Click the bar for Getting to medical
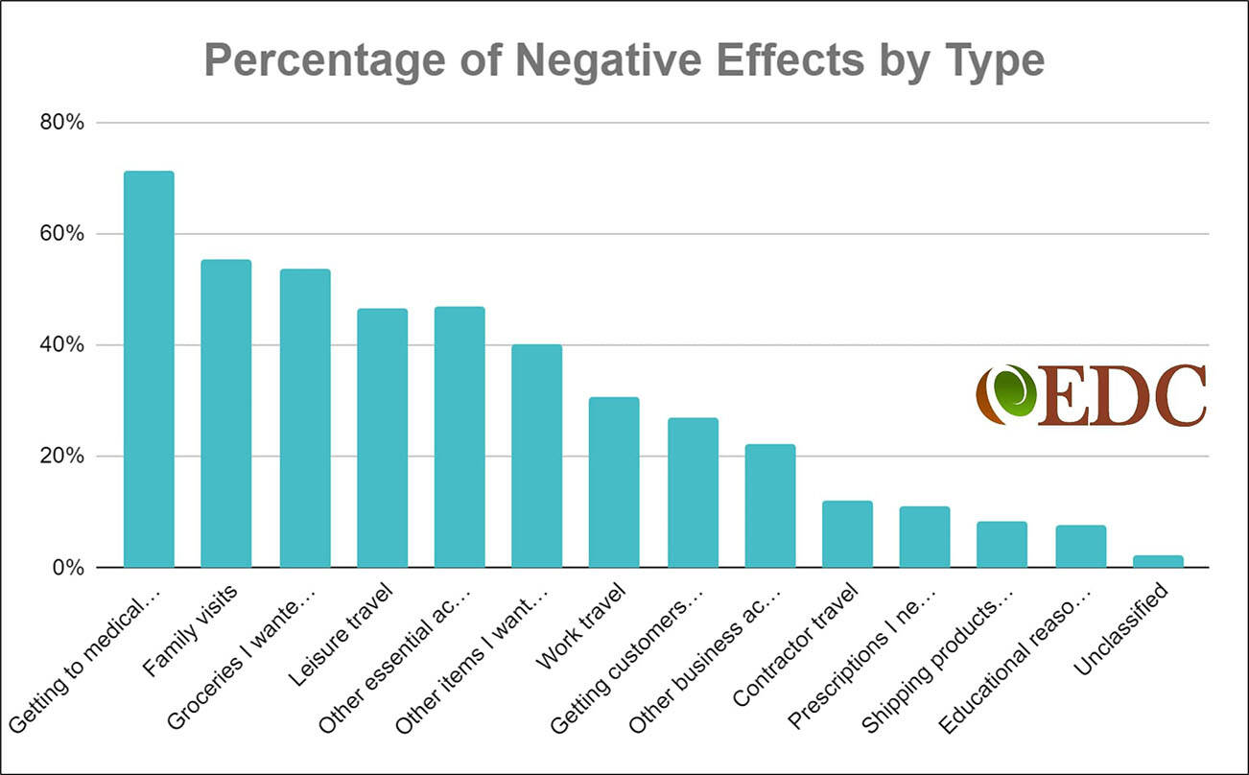pyautogui.click(x=149, y=369)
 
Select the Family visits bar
pyautogui.click(x=225, y=413)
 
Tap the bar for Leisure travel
pyautogui.click(x=382, y=437)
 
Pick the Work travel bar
pyautogui.click(x=614, y=481)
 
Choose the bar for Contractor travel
pyautogui.click(x=847, y=533)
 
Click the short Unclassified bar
pyautogui.click(x=1158, y=561)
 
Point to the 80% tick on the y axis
pyautogui.click(x=63, y=123)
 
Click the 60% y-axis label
pyautogui.click(x=63, y=234)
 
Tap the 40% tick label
pyautogui.click(x=63, y=345)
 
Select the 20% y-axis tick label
pyautogui.click(x=63, y=457)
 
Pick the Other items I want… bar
pyautogui.click(x=536, y=456)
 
